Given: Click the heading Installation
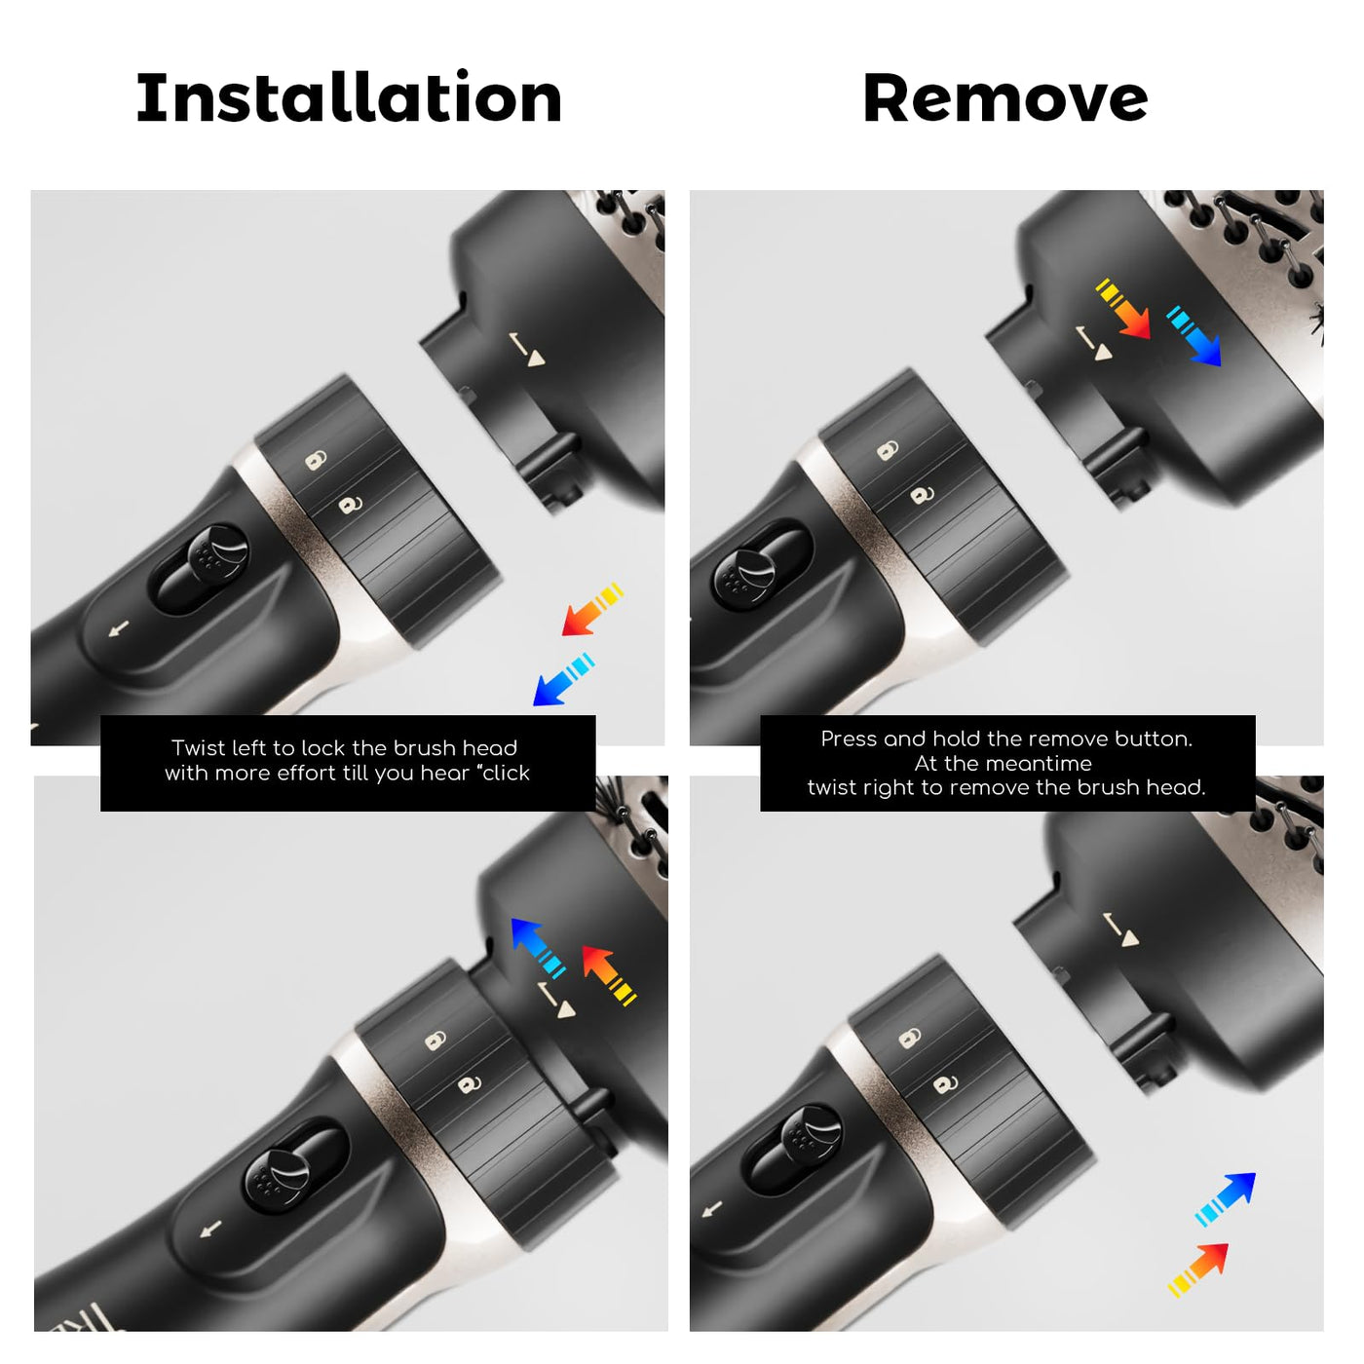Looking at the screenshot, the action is pyautogui.click(x=349, y=97).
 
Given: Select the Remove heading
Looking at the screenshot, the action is pyautogui.click(x=1005, y=98).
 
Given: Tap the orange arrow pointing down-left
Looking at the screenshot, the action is pyautogui.click(x=592, y=609).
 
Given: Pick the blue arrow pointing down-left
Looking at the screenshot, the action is pyautogui.click(x=563, y=679).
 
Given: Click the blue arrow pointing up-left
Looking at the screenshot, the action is pyautogui.click(x=538, y=948).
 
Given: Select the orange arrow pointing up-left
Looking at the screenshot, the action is pyautogui.click(x=609, y=974).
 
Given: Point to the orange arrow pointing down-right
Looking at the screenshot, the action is pyautogui.click(x=1123, y=309).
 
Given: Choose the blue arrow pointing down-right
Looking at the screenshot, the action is pyautogui.click(x=1193, y=336).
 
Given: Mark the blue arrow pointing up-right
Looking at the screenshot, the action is pyautogui.click(x=1225, y=1199).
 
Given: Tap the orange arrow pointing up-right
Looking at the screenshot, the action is pyautogui.click(x=1197, y=1269).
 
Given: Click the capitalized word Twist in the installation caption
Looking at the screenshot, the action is pyautogui.click(x=197, y=747).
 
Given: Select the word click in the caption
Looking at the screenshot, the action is pyautogui.click(x=506, y=773).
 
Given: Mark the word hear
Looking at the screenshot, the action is pyautogui.click(x=446, y=773).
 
